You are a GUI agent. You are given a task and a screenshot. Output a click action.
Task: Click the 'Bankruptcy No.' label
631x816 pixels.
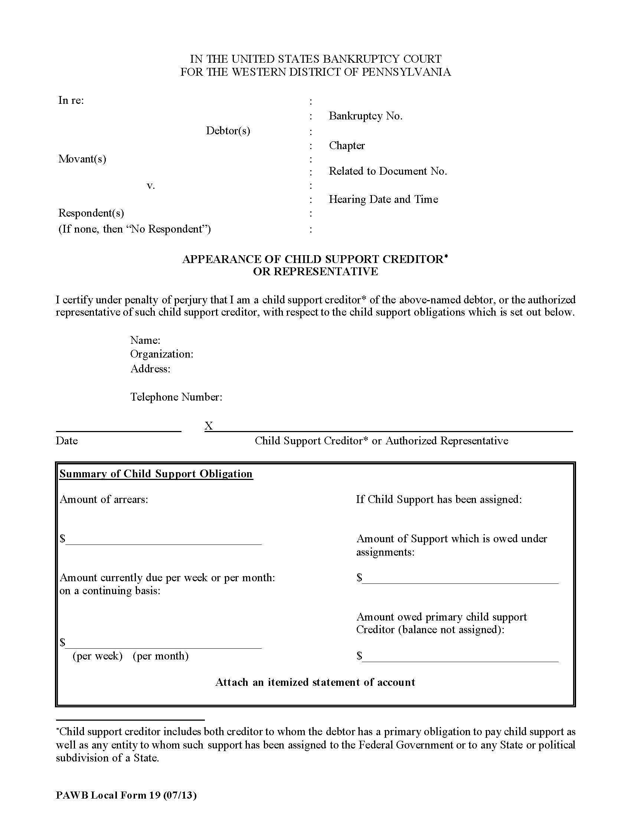(365, 116)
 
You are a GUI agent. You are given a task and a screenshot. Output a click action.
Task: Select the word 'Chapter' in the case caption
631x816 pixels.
(347, 145)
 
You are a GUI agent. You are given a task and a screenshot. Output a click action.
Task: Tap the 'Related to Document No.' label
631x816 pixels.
(388, 171)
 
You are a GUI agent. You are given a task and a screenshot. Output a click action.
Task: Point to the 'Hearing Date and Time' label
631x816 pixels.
(383, 199)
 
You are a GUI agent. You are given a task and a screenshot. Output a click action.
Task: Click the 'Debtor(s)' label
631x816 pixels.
(228, 131)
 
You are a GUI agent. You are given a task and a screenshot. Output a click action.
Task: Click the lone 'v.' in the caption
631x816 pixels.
(151, 185)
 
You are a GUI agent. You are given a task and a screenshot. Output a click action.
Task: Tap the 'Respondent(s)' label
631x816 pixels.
(91, 213)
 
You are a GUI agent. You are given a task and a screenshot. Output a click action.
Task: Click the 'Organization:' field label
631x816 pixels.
(161, 354)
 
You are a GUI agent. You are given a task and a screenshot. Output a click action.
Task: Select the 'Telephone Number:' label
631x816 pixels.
(176, 397)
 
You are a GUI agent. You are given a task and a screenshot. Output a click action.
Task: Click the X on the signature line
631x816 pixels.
(209, 425)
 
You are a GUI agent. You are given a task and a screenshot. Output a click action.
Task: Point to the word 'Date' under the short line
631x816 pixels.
(66, 441)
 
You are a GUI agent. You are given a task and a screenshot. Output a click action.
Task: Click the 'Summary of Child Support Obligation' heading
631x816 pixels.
(156, 474)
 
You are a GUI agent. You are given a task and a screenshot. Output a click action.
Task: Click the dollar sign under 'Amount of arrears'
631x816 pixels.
(62, 539)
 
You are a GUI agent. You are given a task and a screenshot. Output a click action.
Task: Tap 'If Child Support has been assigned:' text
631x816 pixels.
(438, 499)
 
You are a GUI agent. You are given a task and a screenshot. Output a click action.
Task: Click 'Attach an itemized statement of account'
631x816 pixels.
(315, 682)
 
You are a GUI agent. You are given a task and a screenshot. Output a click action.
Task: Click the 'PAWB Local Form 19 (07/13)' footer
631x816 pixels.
(126, 795)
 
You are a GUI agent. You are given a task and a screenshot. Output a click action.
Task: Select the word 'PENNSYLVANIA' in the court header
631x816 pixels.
(406, 72)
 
